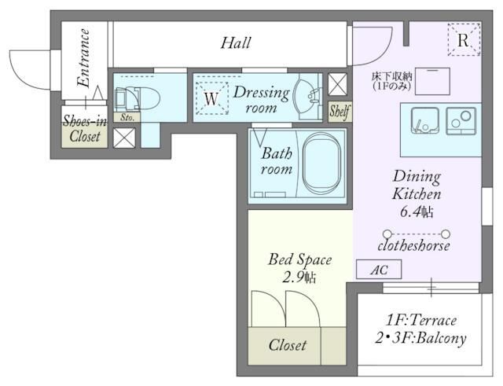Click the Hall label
(x=236, y=43)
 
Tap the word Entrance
(x=84, y=57)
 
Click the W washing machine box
(x=211, y=98)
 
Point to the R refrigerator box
(x=464, y=40)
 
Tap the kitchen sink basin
(x=425, y=120)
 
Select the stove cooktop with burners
(x=461, y=120)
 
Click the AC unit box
(x=379, y=269)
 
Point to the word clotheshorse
(x=414, y=246)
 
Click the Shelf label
(x=340, y=112)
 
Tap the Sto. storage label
(x=127, y=117)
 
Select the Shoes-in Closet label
(x=85, y=128)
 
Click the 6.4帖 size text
(x=417, y=211)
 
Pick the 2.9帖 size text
(x=299, y=278)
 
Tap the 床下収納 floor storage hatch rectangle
(x=432, y=81)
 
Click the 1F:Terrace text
(x=421, y=320)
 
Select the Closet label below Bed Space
(x=288, y=345)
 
